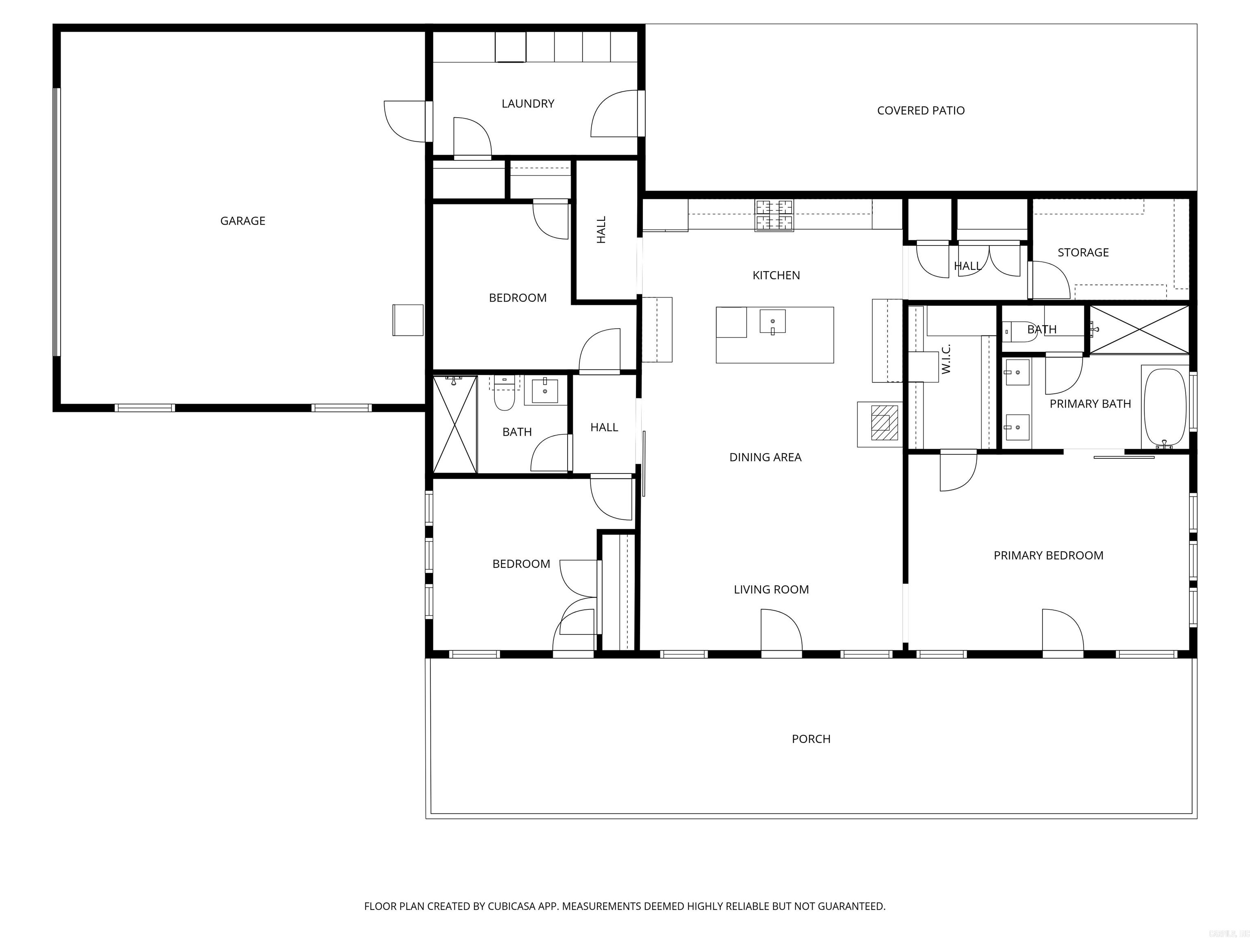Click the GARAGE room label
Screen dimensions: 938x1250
(x=243, y=221)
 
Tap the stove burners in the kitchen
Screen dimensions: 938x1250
(x=774, y=215)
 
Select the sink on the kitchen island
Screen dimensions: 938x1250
(x=772, y=322)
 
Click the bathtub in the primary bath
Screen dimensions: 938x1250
(x=1165, y=408)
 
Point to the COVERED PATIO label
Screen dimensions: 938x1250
(x=920, y=111)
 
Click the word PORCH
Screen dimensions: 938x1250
(x=811, y=739)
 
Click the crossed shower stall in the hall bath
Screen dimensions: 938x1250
(x=455, y=424)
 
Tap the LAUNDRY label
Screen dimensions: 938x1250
(x=528, y=103)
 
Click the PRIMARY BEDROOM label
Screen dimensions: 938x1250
(x=1048, y=555)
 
